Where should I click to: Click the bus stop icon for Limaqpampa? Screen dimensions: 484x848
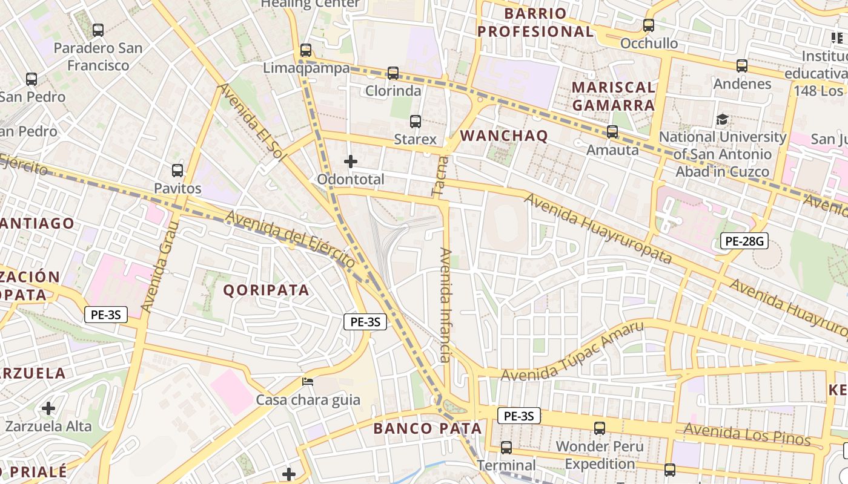[306, 50]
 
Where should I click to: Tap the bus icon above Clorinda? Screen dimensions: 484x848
[393, 73]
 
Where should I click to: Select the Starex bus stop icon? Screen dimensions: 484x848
[416, 121]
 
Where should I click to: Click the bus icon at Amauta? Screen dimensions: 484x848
[612, 131]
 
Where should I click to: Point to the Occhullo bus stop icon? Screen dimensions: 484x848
[649, 25]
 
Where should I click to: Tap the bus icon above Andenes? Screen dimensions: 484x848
[742, 65]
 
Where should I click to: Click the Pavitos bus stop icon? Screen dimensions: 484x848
[177, 171]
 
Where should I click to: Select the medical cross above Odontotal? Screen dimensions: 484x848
[351, 162]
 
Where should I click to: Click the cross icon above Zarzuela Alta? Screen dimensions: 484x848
[48, 408]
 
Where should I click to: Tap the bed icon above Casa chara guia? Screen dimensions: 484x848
[308, 382]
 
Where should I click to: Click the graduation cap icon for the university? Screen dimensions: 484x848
[722, 119]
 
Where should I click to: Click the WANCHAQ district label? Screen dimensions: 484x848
[504, 136]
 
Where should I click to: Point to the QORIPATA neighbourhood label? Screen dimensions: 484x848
[267, 290]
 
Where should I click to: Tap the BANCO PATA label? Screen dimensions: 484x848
[428, 428]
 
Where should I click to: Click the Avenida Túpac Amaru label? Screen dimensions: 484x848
[572, 352]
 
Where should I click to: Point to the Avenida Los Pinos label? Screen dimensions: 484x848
[747, 434]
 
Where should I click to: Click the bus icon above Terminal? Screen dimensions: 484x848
[506, 448]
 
